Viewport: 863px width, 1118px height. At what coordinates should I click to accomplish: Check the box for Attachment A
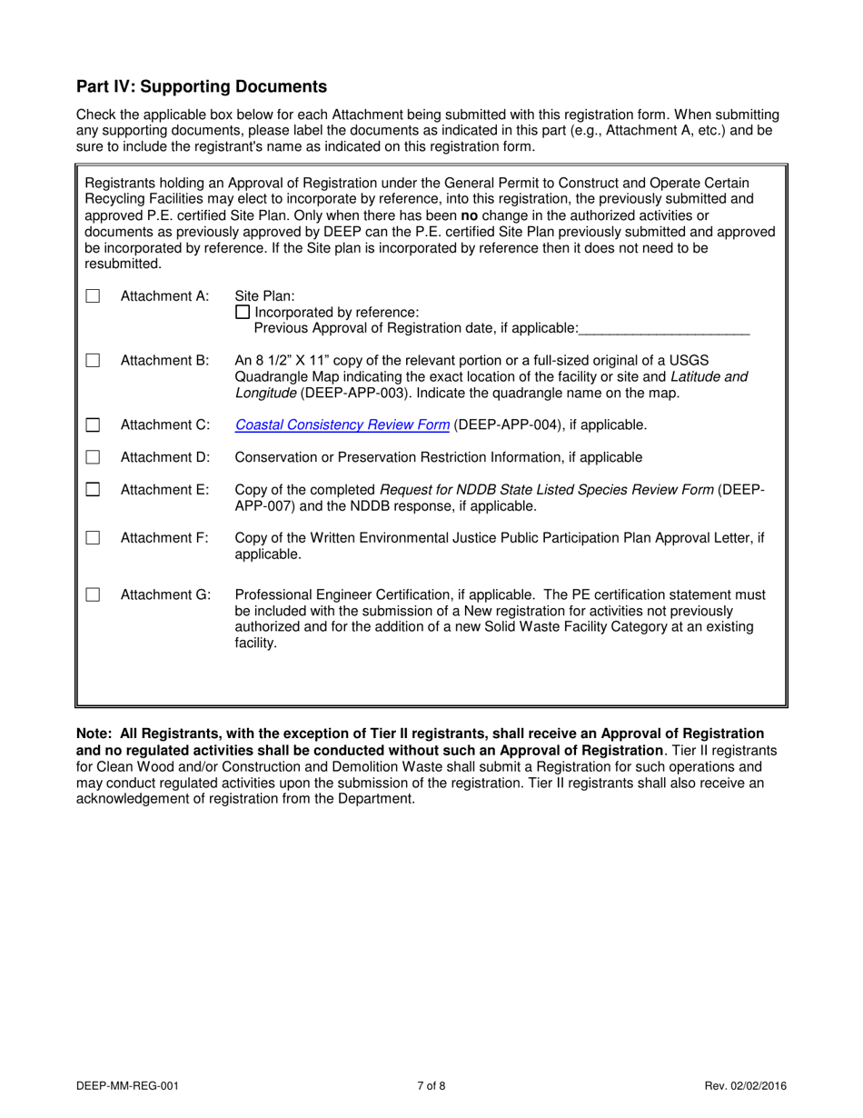93,296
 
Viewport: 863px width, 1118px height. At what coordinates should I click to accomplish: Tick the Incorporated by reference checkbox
242,312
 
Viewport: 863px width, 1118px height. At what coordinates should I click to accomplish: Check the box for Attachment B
93,361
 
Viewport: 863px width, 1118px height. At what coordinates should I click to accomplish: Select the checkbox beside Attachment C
93,425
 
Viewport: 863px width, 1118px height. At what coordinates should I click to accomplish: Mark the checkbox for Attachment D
93,457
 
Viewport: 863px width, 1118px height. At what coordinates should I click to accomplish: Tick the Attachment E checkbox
93,490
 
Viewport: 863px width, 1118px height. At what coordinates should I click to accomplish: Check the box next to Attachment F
93,538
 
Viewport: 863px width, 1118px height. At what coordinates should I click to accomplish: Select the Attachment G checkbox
93,595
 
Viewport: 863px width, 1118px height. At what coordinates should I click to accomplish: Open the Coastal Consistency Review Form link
342,424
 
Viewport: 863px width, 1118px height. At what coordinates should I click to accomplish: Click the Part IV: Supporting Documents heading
202,87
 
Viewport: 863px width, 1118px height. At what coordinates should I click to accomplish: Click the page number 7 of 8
431,1085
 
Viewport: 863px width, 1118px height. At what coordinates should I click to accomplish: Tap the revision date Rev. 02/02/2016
745,1085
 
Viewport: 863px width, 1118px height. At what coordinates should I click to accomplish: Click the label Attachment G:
165,595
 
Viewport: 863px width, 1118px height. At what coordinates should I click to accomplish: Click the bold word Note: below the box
94,734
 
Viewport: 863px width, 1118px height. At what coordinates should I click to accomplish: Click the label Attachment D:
165,457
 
